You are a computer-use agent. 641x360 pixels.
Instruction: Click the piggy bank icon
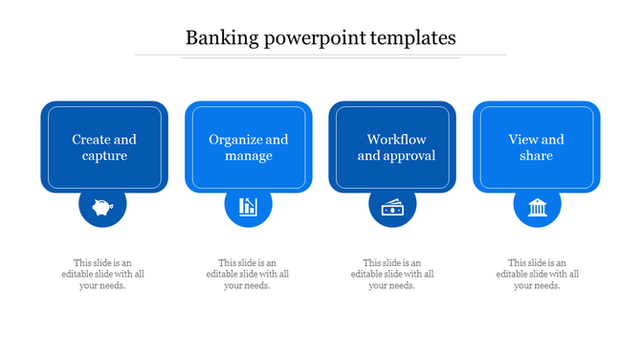103,207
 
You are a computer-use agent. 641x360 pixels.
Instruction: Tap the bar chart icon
248,207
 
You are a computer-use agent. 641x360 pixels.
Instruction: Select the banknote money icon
392,207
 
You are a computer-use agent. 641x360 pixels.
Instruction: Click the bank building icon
537,207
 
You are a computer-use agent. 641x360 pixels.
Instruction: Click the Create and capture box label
104,147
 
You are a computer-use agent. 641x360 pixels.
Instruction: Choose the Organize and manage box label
249,147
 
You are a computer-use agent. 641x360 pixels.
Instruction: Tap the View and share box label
537,147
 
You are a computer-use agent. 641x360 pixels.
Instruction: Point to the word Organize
236,140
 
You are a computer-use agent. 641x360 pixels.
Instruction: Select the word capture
104,156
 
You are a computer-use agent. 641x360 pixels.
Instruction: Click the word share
537,156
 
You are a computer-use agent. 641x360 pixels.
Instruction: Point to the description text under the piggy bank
103,274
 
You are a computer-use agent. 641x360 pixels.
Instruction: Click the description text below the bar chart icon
248,274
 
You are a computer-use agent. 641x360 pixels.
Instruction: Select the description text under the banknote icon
392,274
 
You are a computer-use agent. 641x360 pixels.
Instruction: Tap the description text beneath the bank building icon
537,274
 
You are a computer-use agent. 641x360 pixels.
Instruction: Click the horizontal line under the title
320,56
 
